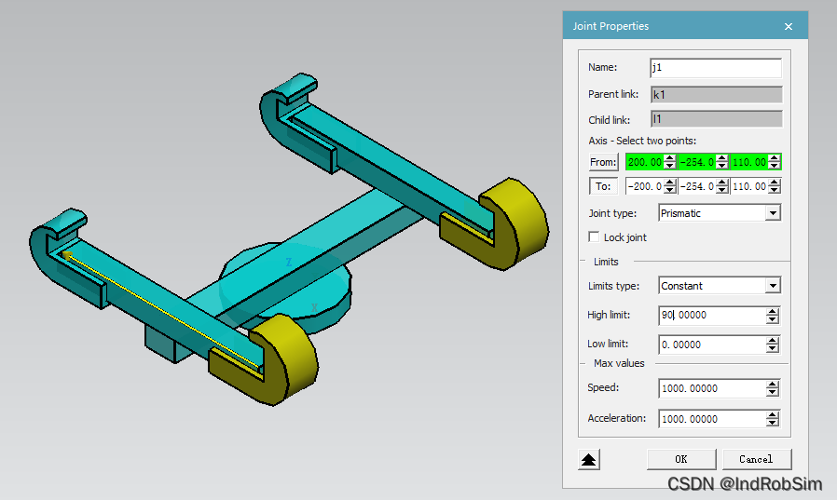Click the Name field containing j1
[715, 68]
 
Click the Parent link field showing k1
[717, 94]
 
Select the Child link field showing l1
[717, 119]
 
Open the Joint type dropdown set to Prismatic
[720, 213]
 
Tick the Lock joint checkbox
[594, 236]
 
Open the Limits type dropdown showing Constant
[720, 286]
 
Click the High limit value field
[713, 315]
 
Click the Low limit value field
[713, 345]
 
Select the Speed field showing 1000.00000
[713, 388]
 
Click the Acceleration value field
[713, 419]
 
